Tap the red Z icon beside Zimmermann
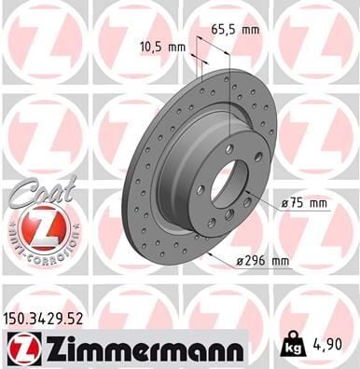point(20,348)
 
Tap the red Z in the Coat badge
point(34,226)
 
